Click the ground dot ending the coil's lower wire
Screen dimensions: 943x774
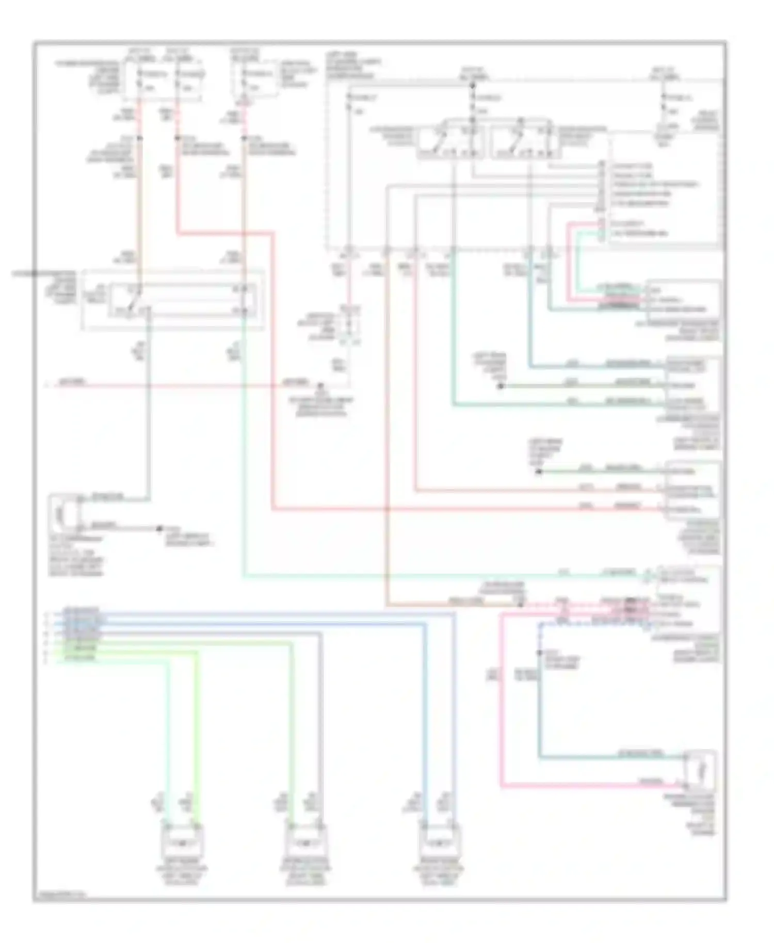click(x=159, y=529)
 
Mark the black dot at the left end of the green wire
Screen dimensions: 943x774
click(x=539, y=471)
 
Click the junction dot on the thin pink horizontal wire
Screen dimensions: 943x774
click(x=320, y=385)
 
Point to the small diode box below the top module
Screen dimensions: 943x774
click(x=349, y=324)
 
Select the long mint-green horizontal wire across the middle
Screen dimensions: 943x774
click(x=439, y=575)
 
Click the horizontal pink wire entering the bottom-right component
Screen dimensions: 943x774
click(x=593, y=786)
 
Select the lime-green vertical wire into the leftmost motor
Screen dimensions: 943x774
click(x=197, y=733)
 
